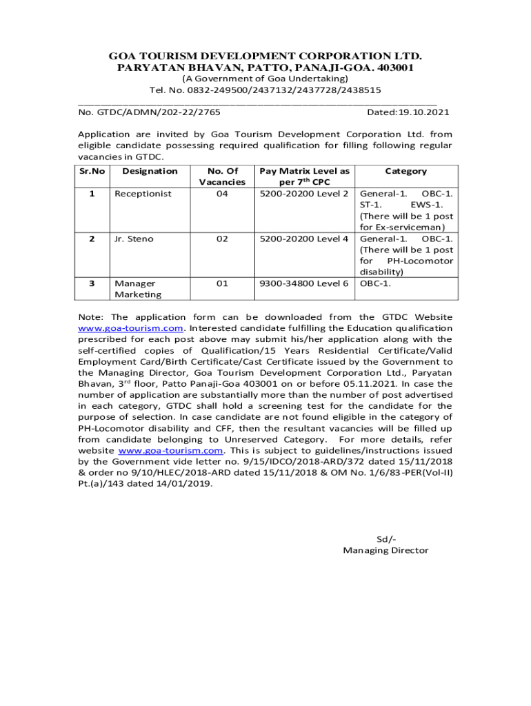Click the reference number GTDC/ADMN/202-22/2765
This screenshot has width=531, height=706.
(149, 112)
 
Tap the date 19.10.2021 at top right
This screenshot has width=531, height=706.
(408, 112)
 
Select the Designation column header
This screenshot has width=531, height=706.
(150, 171)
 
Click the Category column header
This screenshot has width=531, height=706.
(405, 171)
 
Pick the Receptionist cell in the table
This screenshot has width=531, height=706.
(143, 194)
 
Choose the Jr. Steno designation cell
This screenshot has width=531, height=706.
(134, 239)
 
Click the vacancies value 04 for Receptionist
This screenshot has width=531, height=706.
(221, 194)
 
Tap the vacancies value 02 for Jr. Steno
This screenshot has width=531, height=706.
(221, 239)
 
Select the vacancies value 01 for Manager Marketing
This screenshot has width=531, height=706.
(221, 283)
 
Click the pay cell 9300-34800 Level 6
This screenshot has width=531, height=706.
(303, 283)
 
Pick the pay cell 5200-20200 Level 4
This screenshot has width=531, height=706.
(303, 239)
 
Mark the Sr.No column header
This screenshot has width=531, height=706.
(92, 171)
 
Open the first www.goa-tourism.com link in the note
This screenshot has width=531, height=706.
(130, 328)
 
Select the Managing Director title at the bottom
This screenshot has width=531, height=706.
(385, 550)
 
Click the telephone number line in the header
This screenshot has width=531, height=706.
(265, 90)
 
